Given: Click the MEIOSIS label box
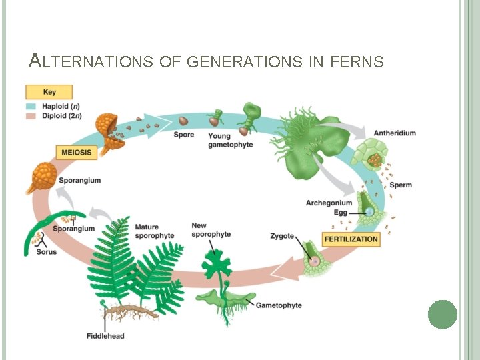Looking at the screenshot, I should tap(76, 152).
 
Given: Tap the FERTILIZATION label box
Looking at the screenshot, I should tap(351, 239).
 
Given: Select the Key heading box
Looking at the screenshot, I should tap(49, 92).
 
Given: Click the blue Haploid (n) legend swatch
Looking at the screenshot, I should tap(31, 106).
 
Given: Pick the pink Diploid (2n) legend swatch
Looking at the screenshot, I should tap(31, 115).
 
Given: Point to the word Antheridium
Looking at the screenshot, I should tap(395, 133).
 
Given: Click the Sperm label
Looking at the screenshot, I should tap(400, 185).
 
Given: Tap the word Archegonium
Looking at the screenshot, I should tap(329, 203).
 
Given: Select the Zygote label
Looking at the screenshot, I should tap(282, 236).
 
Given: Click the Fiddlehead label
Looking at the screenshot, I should tap(105, 335).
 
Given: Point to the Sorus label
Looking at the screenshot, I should tap(47, 251).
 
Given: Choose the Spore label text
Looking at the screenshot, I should tap(183, 135).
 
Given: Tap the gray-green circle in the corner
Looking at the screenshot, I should tap(443, 314).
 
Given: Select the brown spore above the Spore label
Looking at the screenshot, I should tap(183, 121).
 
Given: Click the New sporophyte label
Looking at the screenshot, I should tap(211, 230).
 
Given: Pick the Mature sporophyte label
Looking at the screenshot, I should tap(154, 231).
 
